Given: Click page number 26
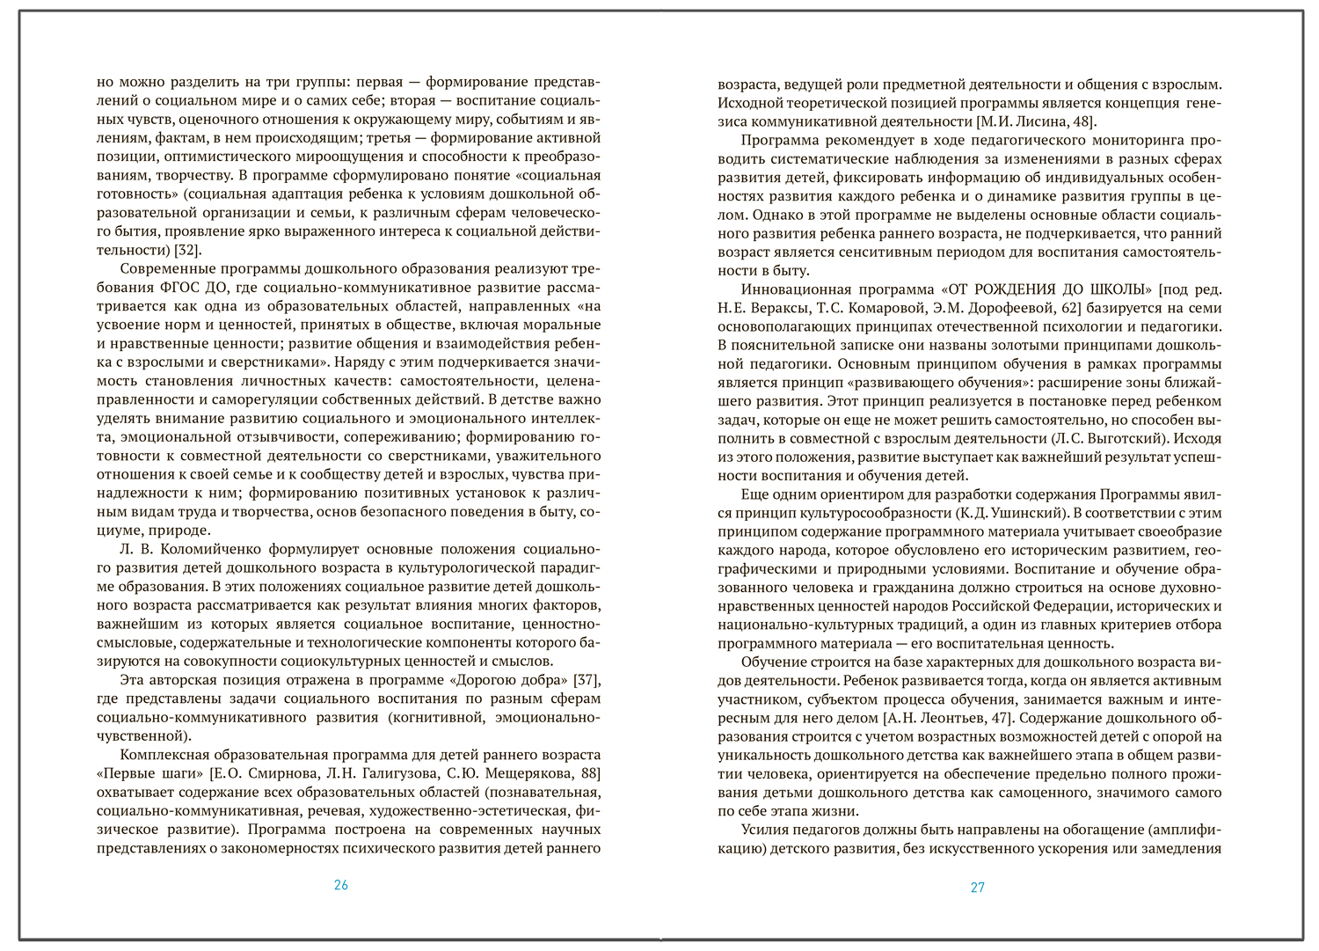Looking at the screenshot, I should click(341, 885).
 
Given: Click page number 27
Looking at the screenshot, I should click(978, 888).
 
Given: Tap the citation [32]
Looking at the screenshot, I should click(187, 250).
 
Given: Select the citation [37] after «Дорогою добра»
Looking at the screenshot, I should click(587, 680).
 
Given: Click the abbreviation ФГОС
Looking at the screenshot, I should click(182, 288).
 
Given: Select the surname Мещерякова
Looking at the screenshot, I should click(528, 773).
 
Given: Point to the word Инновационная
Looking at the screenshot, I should click(796, 289).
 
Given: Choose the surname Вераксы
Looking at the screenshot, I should click(778, 308).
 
